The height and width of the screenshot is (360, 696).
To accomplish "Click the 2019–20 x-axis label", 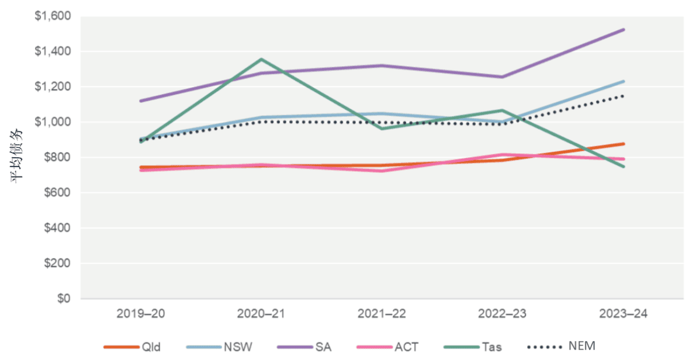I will [141, 314].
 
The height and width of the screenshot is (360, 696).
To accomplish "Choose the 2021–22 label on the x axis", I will [382, 314].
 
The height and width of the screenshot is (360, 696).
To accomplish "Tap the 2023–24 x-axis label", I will [624, 314].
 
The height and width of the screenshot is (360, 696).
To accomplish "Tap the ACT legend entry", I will [406, 347].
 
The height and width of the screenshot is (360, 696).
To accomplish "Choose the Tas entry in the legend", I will [491, 347].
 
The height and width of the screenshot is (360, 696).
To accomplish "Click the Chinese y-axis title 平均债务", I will [17, 158].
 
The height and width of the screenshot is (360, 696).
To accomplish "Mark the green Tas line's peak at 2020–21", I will [261, 59].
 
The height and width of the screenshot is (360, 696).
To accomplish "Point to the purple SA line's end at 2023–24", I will [624, 29].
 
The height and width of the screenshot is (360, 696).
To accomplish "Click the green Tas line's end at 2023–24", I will [624, 167].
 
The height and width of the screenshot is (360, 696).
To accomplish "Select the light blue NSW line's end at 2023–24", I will [624, 81].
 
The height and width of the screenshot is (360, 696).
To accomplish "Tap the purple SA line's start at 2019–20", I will [141, 101].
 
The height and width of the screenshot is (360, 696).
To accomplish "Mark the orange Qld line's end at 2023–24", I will [624, 144].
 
